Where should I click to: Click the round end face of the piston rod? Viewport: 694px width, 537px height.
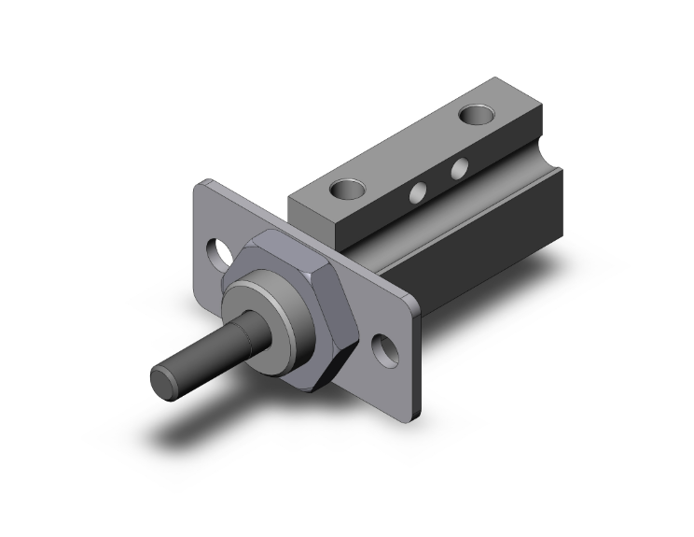(163, 383)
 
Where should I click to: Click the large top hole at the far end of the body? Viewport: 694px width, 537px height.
(477, 117)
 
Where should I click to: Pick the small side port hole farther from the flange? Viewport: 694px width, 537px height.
(459, 169)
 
